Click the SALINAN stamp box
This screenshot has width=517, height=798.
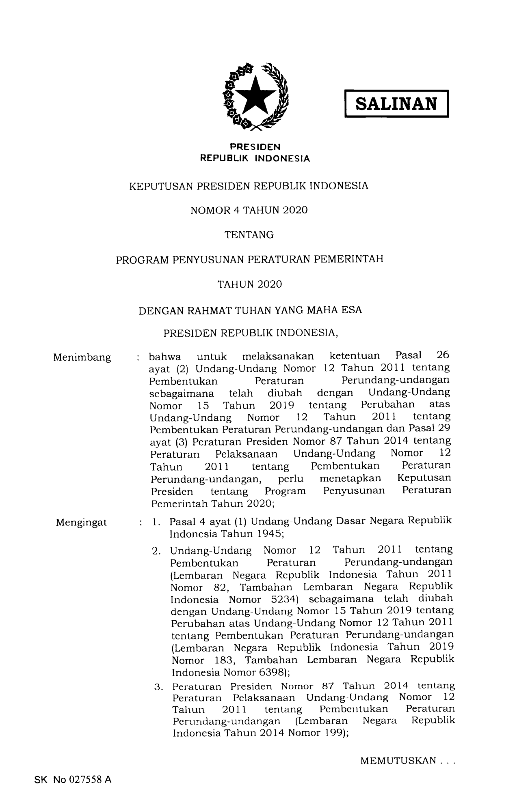pyautogui.click(x=396, y=104)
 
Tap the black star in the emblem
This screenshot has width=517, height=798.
pyautogui.click(x=256, y=97)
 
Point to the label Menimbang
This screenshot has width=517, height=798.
pyautogui.click(x=82, y=357)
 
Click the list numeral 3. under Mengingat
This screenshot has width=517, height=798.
pyautogui.click(x=158, y=687)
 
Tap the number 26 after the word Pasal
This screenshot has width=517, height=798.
pyautogui.click(x=443, y=355)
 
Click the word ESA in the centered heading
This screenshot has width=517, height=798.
pyautogui.click(x=351, y=310)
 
